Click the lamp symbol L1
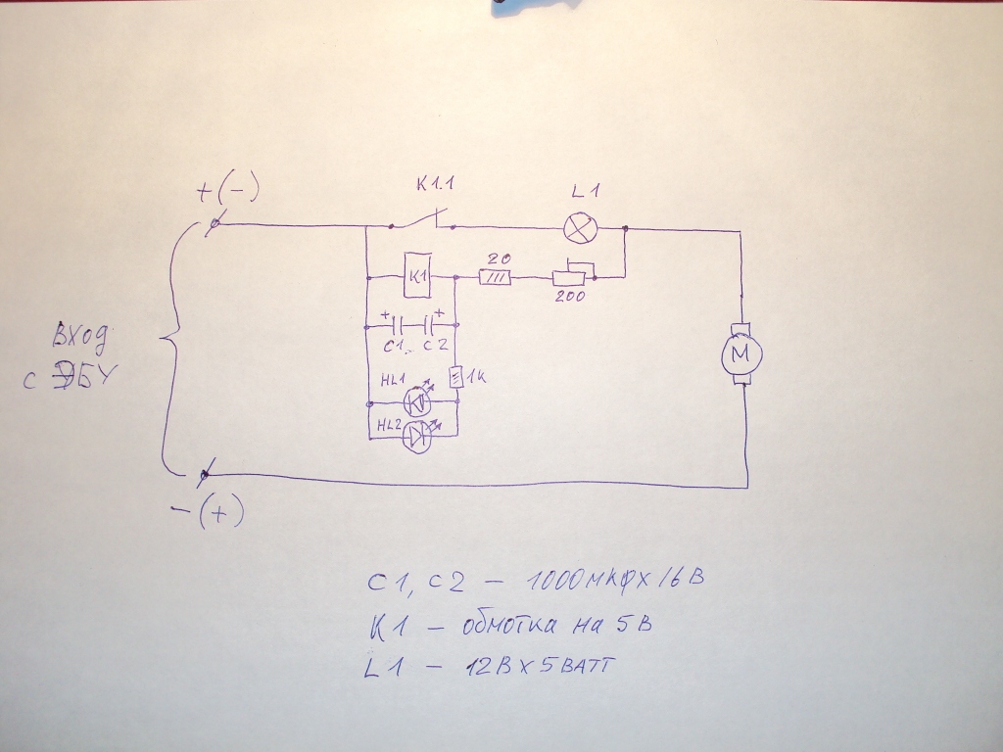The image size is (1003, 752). point(580,228)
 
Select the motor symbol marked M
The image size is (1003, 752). point(741,354)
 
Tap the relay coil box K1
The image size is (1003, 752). point(417,275)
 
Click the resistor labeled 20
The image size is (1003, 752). point(495,278)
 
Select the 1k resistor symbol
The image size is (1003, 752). point(455,377)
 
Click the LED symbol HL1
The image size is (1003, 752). point(418,401)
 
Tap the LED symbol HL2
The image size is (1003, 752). point(418,436)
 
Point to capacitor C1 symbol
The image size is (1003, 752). point(397,327)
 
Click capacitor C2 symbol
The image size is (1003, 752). point(429,327)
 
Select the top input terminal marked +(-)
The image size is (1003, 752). point(215,223)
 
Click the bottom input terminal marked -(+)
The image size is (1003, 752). point(205,474)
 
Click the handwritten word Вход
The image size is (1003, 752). point(79,337)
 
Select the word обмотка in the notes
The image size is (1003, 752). point(508,625)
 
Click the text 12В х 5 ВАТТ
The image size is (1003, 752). point(539,666)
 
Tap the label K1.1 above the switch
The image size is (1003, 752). point(435,184)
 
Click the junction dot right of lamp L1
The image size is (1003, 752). point(625,228)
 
